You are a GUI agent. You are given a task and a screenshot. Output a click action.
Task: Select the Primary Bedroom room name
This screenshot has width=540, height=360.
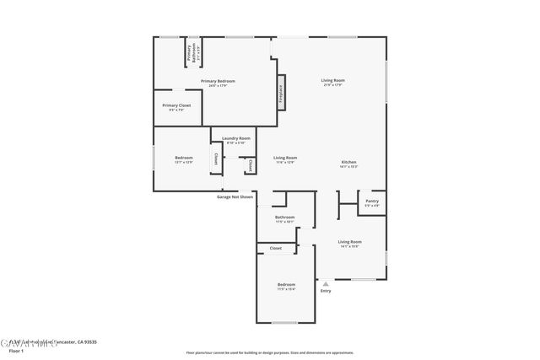218,81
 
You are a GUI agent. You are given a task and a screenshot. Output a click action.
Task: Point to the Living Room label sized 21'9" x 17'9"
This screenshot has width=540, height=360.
332,80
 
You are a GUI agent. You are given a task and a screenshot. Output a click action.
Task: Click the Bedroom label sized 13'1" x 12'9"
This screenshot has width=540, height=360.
184,158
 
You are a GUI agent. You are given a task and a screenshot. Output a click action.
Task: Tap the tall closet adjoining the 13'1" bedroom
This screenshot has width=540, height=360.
215,159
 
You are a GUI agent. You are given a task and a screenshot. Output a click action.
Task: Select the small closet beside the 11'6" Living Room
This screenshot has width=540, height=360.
250,164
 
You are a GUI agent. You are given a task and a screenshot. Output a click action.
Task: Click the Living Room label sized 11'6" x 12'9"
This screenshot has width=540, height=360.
285,158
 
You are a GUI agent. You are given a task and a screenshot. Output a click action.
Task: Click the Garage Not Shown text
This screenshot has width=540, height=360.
235,196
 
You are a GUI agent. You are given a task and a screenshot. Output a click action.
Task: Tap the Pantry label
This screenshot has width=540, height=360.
372,201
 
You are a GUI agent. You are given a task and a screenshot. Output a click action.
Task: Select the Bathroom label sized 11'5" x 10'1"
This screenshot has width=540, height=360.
284,218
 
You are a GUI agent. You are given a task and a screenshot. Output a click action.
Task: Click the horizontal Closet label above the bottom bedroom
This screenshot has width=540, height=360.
276,248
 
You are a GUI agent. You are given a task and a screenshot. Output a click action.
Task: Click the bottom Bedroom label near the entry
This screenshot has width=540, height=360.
286,285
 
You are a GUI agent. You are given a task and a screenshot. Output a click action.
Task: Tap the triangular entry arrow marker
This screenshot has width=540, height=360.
325,283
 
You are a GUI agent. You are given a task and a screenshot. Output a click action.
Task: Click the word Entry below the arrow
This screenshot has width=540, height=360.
325,292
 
